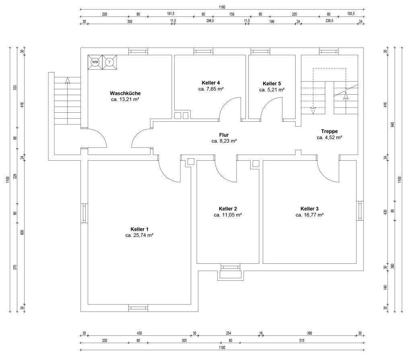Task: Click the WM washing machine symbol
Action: [x=95, y=62]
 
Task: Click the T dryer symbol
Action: [x=109, y=62]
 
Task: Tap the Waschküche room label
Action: [x=125, y=93]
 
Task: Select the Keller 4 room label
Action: [x=211, y=83]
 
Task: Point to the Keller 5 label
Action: [x=272, y=84]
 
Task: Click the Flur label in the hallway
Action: [x=224, y=135]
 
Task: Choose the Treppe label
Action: [x=329, y=131]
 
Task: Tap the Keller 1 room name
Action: [x=139, y=229]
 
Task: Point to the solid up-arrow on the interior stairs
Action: [x=346, y=97]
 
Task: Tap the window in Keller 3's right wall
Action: [x=360, y=211]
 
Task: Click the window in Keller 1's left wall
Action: [x=84, y=213]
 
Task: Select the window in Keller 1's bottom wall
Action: [x=138, y=308]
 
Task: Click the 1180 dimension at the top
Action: [x=222, y=7]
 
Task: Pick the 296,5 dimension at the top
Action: [x=210, y=21]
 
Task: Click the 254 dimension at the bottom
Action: [x=229, y=333]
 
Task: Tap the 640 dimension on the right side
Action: [x=393, y=124]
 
